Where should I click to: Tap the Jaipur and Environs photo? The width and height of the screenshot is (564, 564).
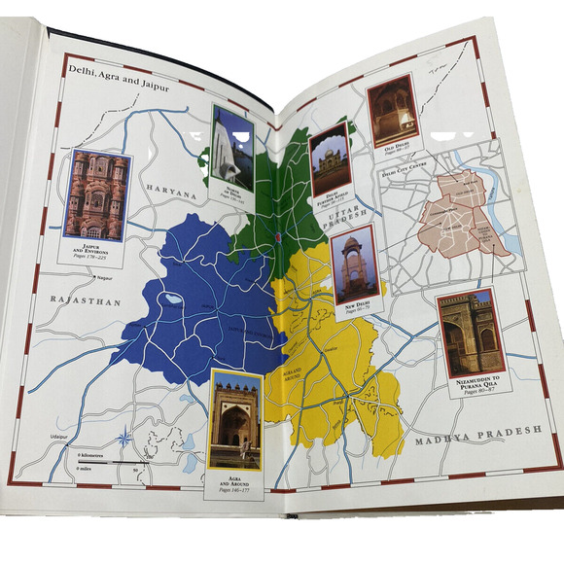(96, 194)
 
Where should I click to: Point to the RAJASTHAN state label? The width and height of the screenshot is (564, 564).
(88, 302)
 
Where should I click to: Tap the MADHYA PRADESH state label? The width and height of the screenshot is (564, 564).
(476, 441)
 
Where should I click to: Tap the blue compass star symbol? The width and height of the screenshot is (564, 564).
(277, 238)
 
